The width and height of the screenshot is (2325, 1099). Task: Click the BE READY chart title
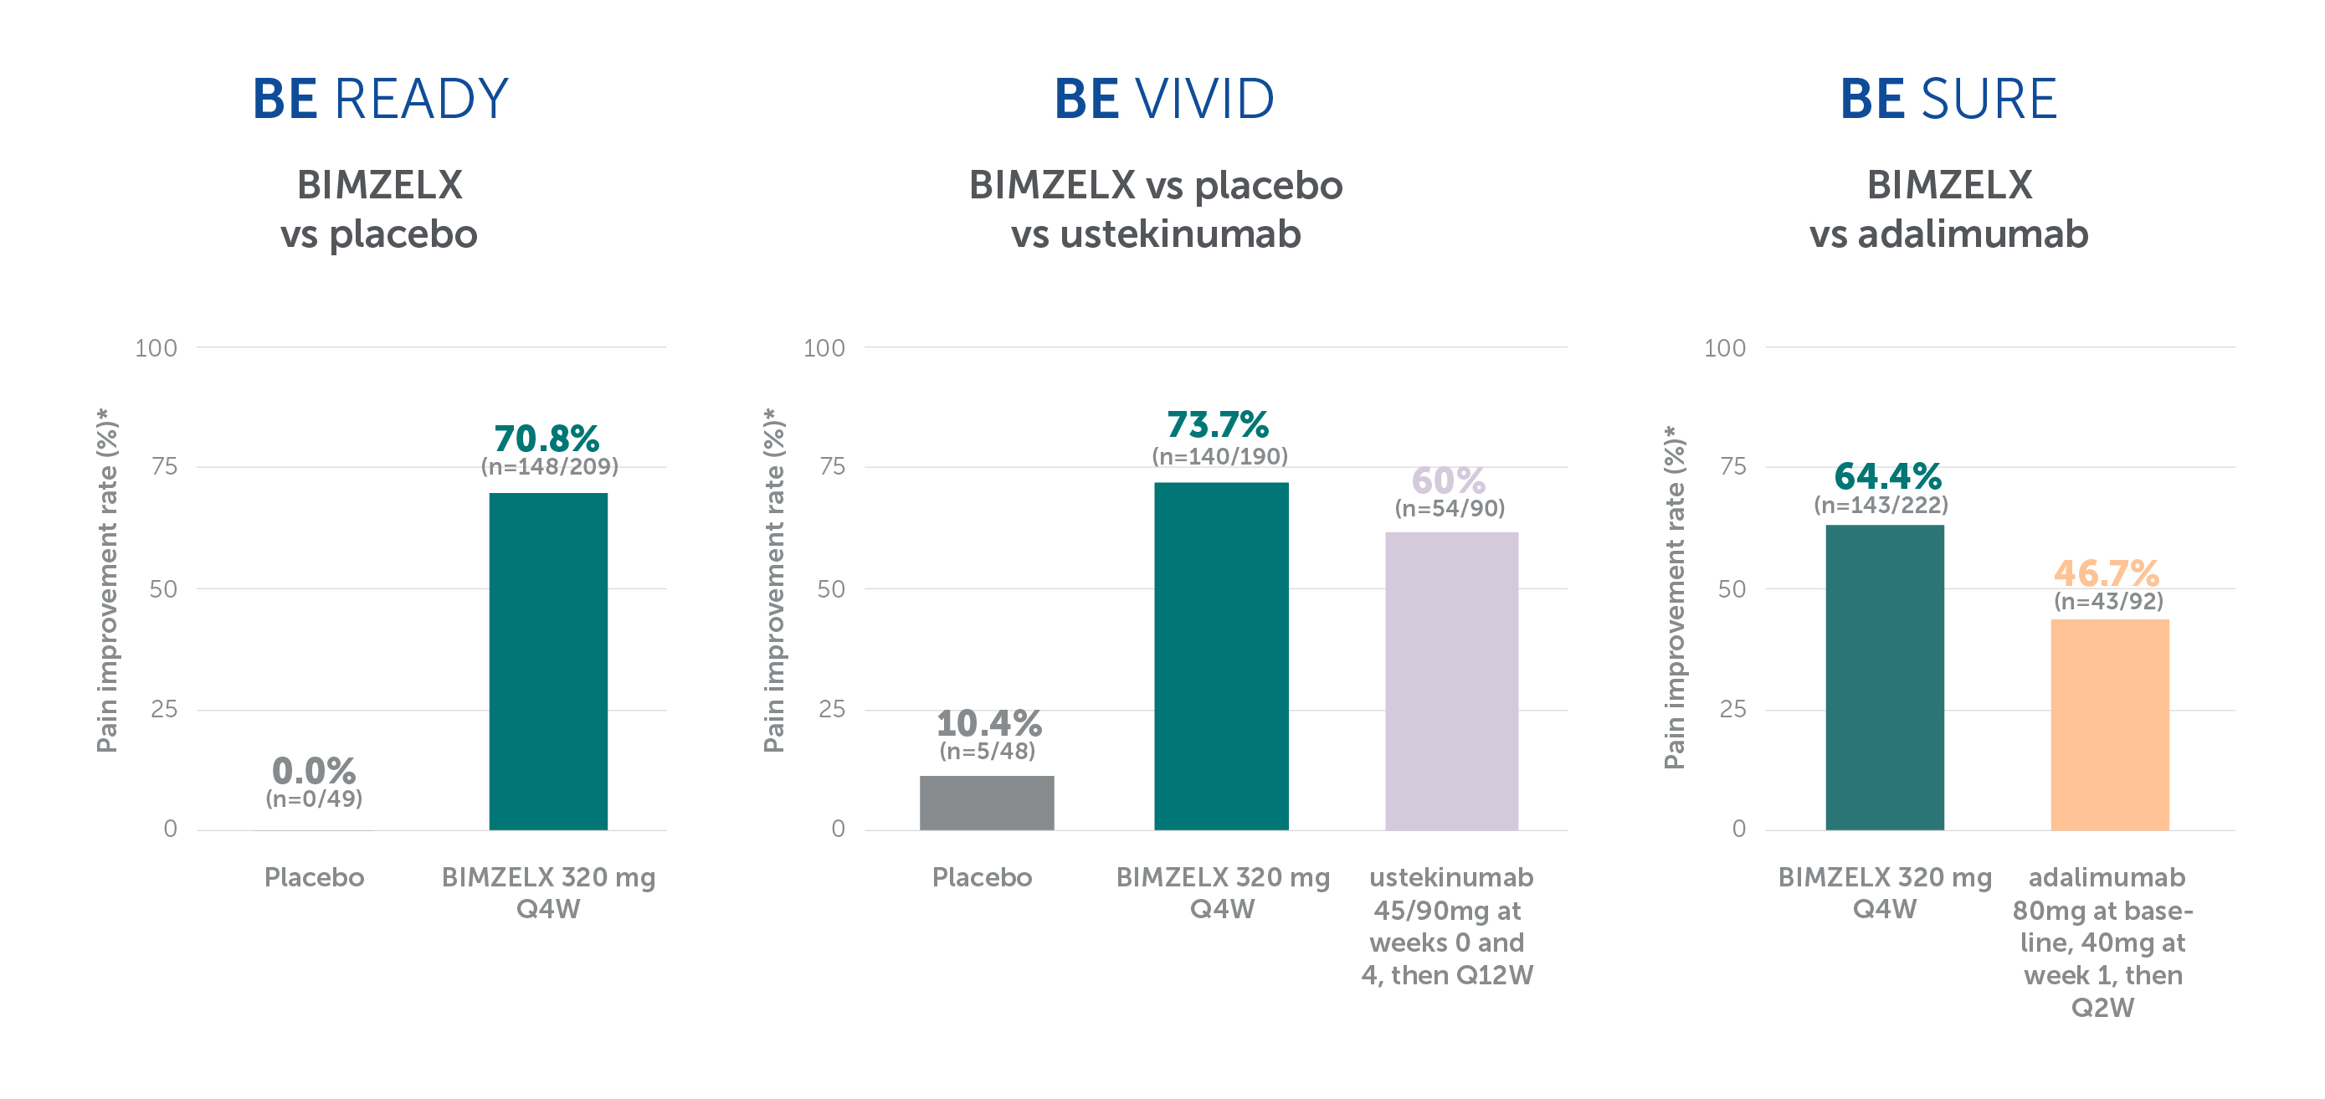tap(380, 100)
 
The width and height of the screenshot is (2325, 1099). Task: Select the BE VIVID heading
tap(1164, 100)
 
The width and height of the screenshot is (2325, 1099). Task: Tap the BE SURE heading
tap(1948, 100)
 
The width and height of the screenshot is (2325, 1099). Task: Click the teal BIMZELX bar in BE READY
tap(548, 661)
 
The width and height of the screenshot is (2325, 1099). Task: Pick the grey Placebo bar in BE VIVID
tap(987, 803)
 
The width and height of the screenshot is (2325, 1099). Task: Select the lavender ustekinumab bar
tap(1451, 681)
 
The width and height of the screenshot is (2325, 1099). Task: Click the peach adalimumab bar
tap(2110, 725)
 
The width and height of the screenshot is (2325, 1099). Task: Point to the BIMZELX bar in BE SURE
tap(1885, 678)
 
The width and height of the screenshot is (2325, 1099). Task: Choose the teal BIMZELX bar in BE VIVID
tap(1221, 656)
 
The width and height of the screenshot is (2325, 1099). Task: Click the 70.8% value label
tap(547, 439)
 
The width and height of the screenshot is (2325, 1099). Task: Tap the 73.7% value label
tap(1218, 424)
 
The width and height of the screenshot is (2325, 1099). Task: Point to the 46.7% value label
tap(2107, 573)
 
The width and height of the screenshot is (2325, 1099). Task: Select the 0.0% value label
tap(314, 772)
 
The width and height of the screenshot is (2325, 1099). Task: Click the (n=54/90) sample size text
tap(1450, 508)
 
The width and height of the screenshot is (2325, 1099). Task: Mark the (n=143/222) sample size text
tap(1881, 506)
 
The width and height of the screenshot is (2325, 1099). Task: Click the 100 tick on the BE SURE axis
tap(1725, 348)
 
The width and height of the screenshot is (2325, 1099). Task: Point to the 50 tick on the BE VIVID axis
tap(831, 589)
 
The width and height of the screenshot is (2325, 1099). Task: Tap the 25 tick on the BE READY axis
tap(164, 709)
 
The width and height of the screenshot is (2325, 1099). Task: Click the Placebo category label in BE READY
tap(314, 877)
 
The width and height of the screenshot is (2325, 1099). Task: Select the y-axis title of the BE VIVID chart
tap(774, 580)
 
